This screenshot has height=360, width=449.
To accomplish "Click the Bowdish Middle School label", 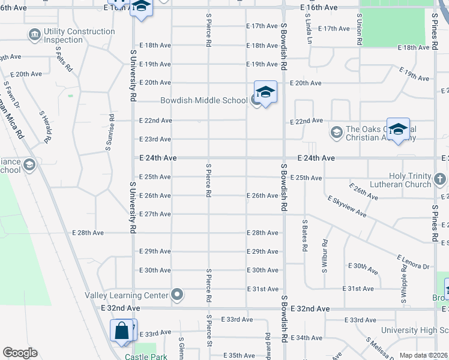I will (203, 100).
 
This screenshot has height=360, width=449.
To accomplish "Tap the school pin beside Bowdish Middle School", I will (265, 93).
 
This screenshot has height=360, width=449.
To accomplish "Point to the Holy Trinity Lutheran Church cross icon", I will (440, 179).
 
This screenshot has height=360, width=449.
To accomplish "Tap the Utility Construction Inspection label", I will (74, 36).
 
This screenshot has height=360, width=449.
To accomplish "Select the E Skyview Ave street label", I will (347, 205).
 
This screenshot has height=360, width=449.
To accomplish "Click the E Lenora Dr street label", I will (413, 262).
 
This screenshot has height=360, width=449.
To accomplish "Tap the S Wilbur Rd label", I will (325, 256).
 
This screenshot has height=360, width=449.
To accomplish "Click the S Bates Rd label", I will (305, 235).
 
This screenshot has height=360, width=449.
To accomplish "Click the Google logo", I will (20, 353).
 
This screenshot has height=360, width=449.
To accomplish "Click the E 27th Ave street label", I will (155, 214).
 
